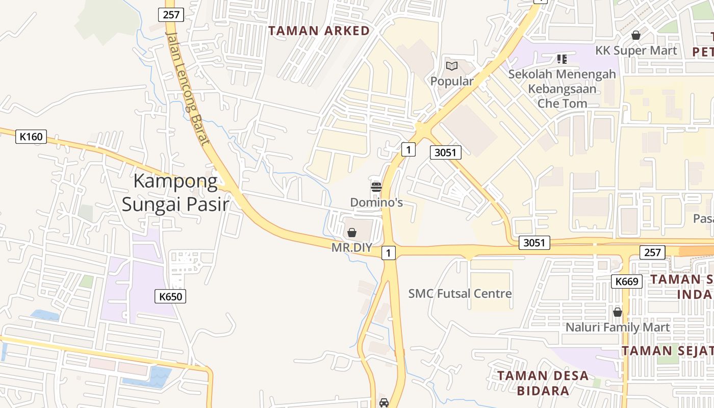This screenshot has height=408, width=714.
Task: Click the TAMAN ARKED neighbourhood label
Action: [x=319, y=31]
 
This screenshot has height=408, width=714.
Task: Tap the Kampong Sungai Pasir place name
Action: [x=175, y=193]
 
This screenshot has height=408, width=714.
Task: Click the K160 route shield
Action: [x=31, y=137]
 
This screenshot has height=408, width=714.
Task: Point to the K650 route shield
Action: [x=170, y=296]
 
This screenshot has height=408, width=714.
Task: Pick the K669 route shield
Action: [x=627, y=281]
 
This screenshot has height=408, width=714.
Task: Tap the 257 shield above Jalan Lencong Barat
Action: [x=171, y=15]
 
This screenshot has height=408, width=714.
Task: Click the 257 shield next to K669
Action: [x=652, y=252]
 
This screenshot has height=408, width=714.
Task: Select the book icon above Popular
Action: [x=452, y=66]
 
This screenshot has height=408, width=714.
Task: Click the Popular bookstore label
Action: [x=452, y=81]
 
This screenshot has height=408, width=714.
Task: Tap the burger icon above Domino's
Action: [x=376, y=187]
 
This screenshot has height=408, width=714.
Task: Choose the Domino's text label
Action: [x=376, y=202]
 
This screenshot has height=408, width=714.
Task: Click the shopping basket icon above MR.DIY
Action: [x=352, y=233]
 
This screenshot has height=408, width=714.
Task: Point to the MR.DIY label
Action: [x=352, y=248]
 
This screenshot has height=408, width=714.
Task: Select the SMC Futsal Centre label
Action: [x=460, y=293]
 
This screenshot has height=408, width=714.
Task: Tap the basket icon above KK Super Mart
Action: [x=636, y=35]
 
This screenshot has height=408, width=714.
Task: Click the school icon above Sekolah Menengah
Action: [x=562, y=59]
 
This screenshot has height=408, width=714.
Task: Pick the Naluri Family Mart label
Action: [x=617, y=327]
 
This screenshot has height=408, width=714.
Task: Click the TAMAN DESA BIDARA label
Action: [x=543, y=383]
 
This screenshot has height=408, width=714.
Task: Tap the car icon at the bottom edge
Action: [x=384, y=403]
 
